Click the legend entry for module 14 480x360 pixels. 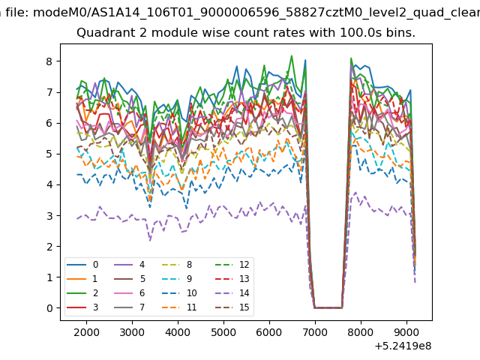(x=233, y=293)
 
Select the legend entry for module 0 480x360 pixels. (x=82, y=265)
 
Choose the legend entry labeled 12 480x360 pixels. (x=233, y=265)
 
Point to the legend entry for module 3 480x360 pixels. (x=82, y=307)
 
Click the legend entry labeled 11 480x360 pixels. (x=179, y=307)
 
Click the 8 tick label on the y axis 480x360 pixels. (x=49, y=61)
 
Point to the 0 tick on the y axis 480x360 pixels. (x=49, y=308)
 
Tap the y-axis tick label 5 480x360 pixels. (x=49, y=154)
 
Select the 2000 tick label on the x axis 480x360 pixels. (x=86, y=332)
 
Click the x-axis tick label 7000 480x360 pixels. (x=315, y=332)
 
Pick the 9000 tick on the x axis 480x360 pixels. (x=406, y=332)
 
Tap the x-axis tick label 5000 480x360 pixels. (x=223, y=332)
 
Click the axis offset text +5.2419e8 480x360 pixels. (x=403, y=346)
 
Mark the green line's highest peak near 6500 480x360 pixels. (x=292, y=55)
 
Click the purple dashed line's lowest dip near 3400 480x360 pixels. (x=150, y=241)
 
